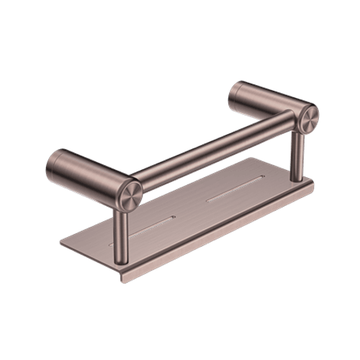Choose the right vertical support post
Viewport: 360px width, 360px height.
pos(296,155)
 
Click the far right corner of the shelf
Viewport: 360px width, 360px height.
pos(314,181)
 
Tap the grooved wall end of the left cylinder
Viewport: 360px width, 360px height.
pos(50,162)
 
